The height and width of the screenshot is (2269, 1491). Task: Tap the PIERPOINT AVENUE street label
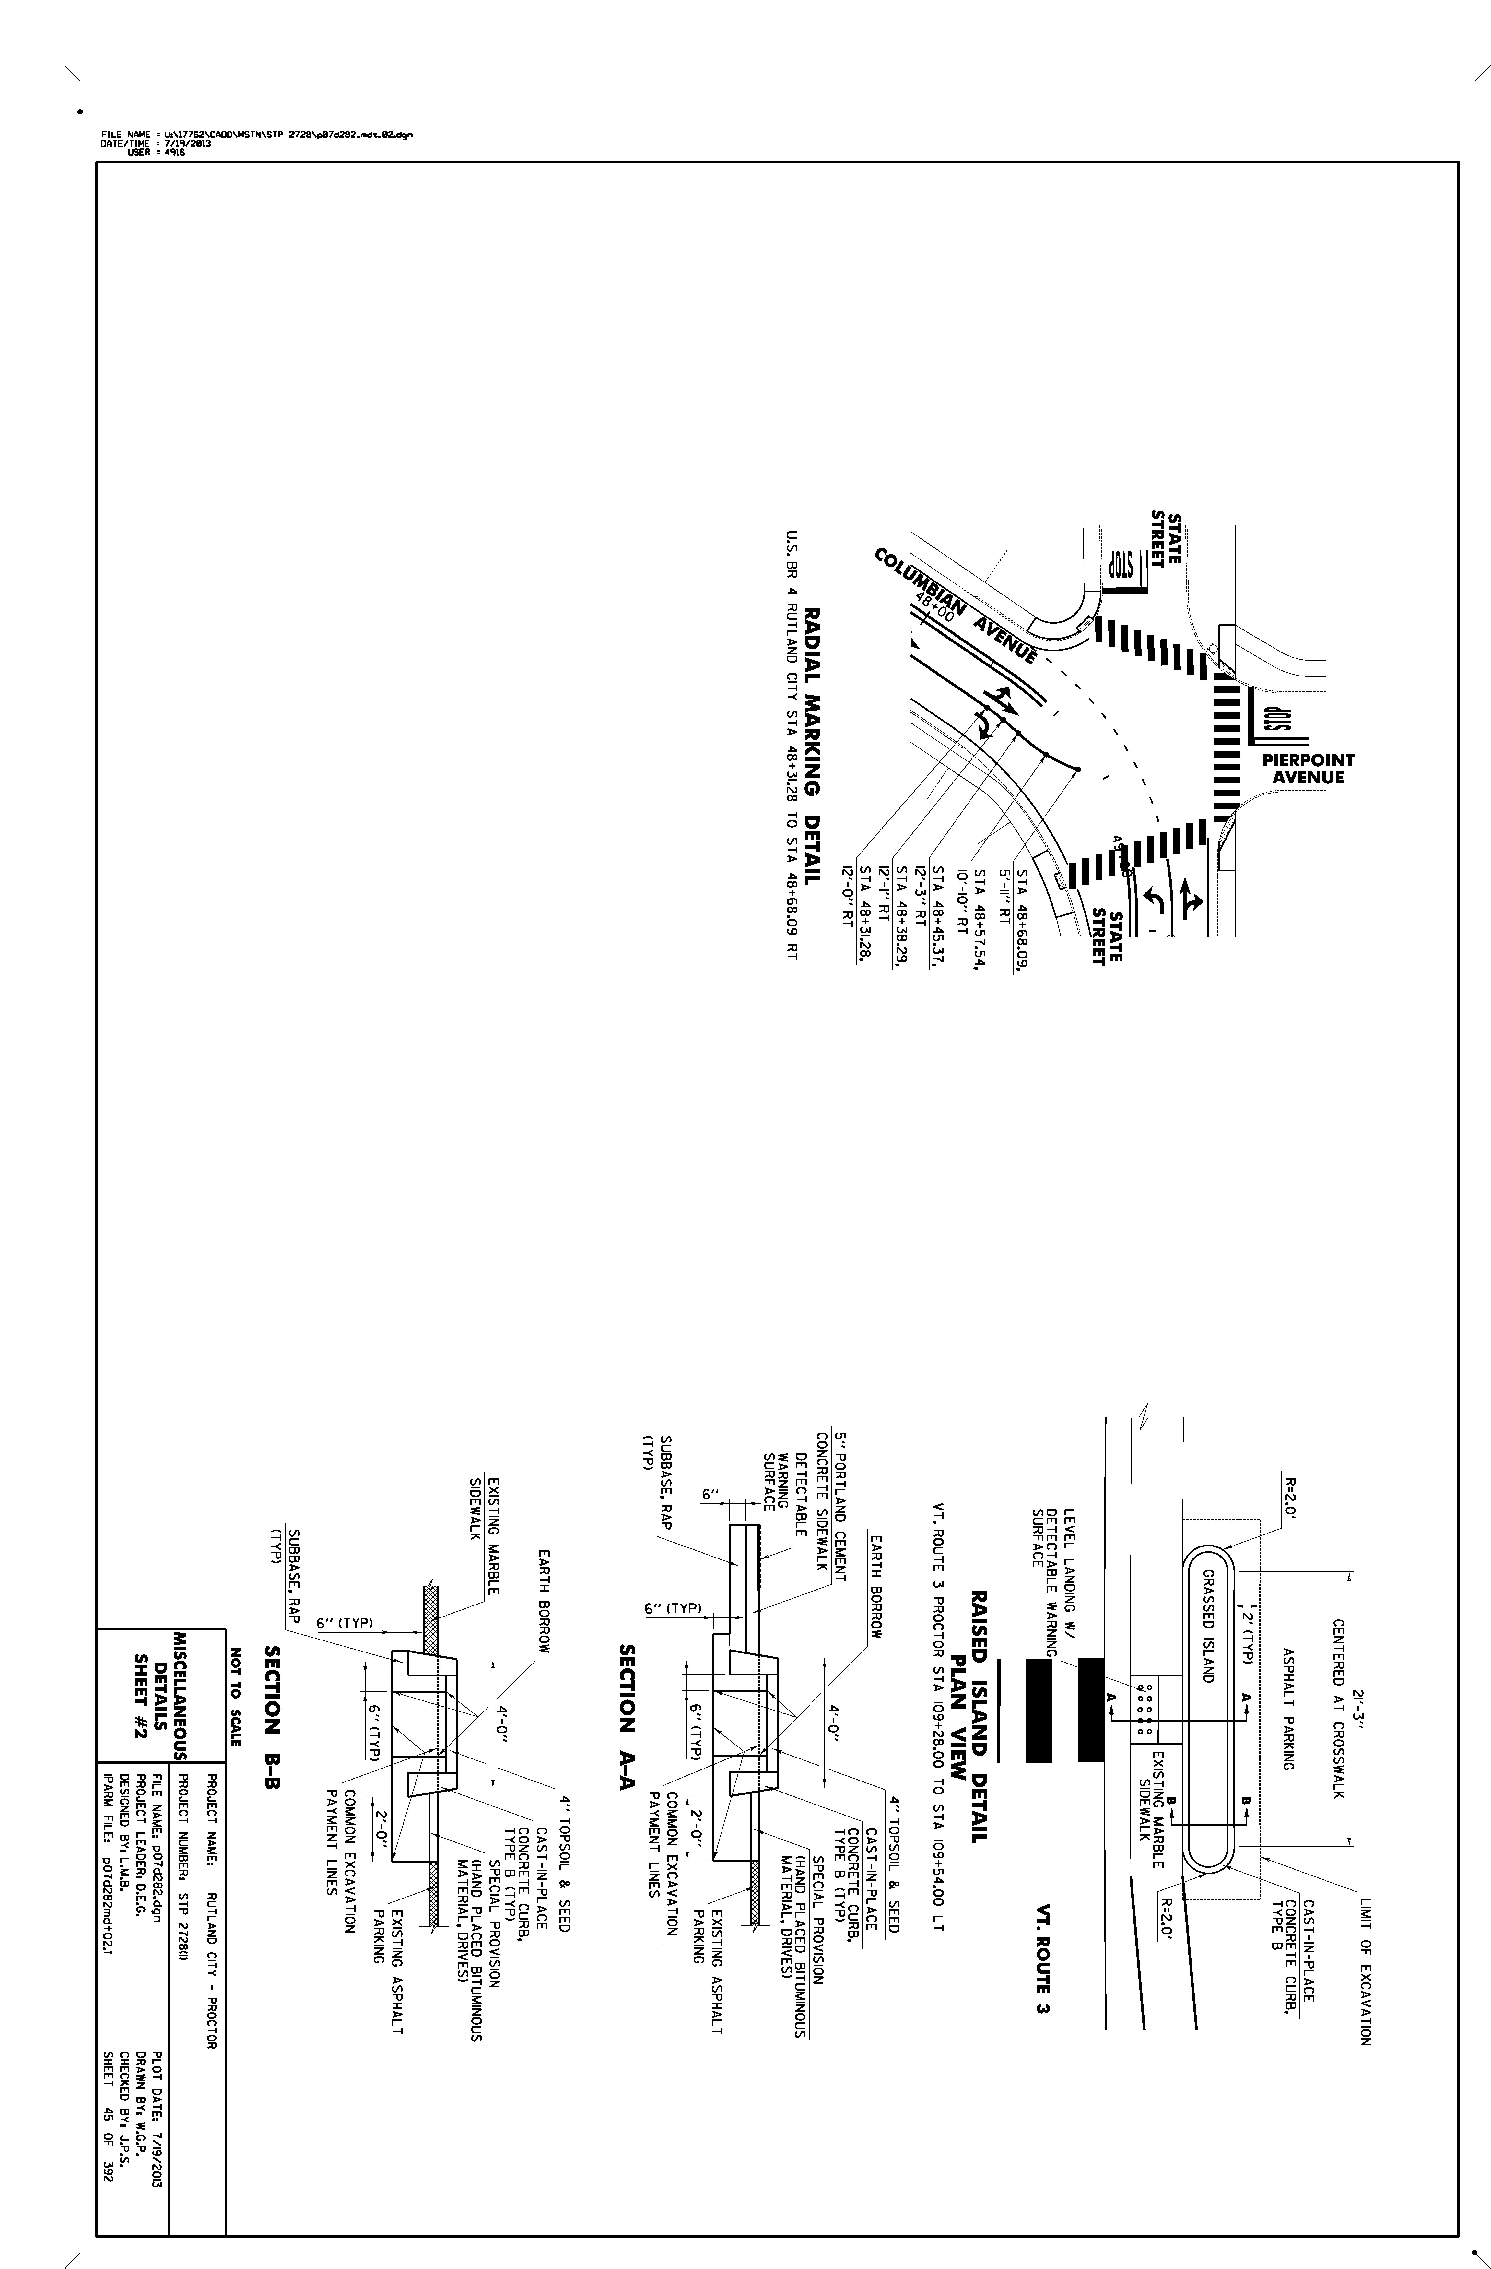[x=1308, y=770]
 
